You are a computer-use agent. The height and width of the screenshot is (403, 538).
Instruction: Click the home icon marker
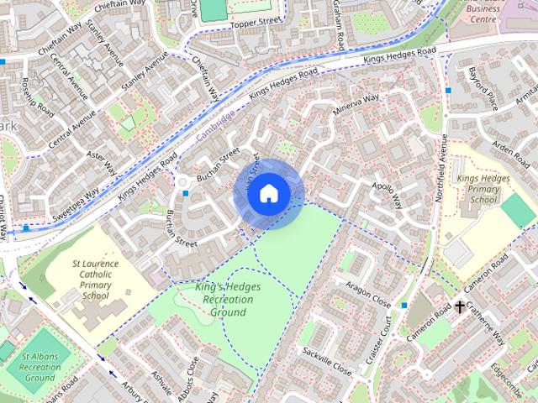pyautogui.click(x=268, y=193)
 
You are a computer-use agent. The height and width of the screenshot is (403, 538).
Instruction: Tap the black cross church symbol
pyautogui.click(x=460, y=306)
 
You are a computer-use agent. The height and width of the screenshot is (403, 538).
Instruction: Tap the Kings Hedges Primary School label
pyautogui.click(x=477, y=189)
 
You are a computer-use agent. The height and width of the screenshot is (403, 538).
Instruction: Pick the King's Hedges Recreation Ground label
pyautogui.click(x=228, y=300)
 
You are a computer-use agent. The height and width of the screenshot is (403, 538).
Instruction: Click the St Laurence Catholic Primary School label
pyautogui.click(x=95, y=280)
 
